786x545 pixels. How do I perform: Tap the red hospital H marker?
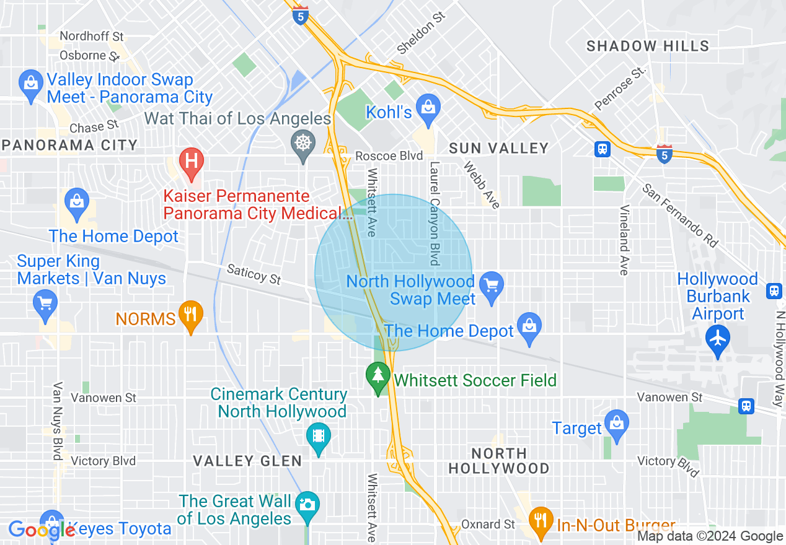pos(192,161)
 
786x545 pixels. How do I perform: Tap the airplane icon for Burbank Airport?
pos(718,339)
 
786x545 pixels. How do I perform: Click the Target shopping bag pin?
pos(616,424)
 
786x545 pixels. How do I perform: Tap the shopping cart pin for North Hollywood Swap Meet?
pos(492,287)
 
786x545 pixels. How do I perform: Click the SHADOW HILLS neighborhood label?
pos(648,46)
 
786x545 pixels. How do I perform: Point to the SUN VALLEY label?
pos(499,148)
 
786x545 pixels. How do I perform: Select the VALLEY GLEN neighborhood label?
pos(247,461)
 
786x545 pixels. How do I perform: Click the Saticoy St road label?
pos(254,274)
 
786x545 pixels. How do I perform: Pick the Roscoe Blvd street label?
pos(389,155)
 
